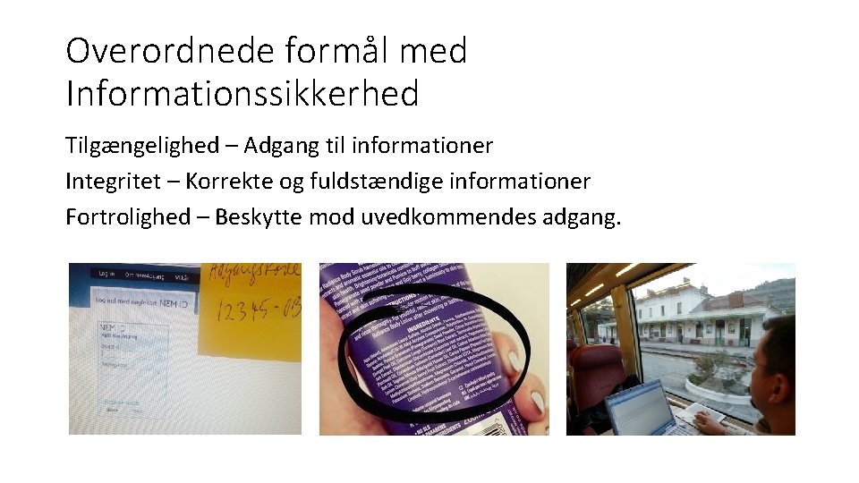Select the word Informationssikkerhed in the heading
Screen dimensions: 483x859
(x=242, y=93)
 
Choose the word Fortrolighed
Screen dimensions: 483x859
(x=128, y=217)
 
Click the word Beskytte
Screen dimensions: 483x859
(x=259, y=217)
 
